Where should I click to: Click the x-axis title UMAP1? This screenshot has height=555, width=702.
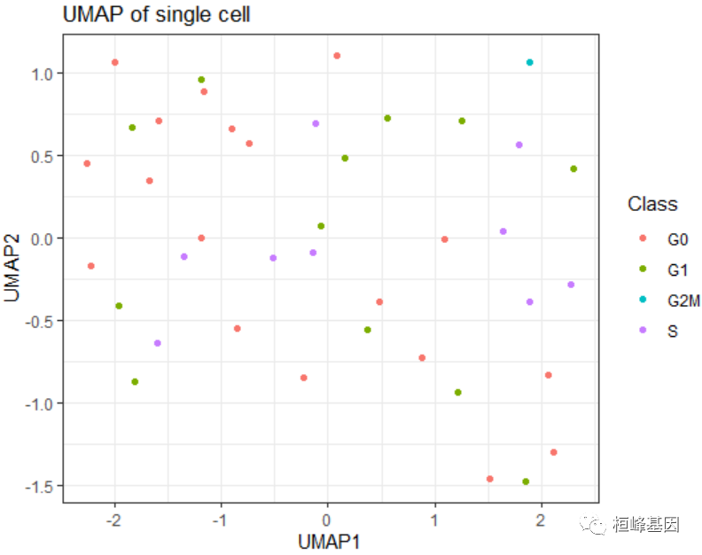tap(329, 541)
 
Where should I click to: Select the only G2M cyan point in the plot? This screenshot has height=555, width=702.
tap(530, 62)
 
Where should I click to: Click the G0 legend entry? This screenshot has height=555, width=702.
tap(677, 238)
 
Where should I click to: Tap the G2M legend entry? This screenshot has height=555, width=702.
tap(683, 301)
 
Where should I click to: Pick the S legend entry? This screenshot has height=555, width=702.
tap(673, 331)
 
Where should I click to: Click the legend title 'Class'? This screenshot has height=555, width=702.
tap(652, 205)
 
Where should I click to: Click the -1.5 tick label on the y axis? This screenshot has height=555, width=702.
tap(40, 486)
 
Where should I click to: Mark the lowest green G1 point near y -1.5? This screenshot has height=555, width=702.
tap(526, 481)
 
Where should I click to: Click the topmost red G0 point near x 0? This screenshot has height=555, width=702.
tap(337, 56)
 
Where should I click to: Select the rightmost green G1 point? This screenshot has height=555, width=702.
tap(573, 168)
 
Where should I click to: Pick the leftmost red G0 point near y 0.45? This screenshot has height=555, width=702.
tap(87, 163)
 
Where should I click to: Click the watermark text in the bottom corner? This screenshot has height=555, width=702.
tap(646, 526)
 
